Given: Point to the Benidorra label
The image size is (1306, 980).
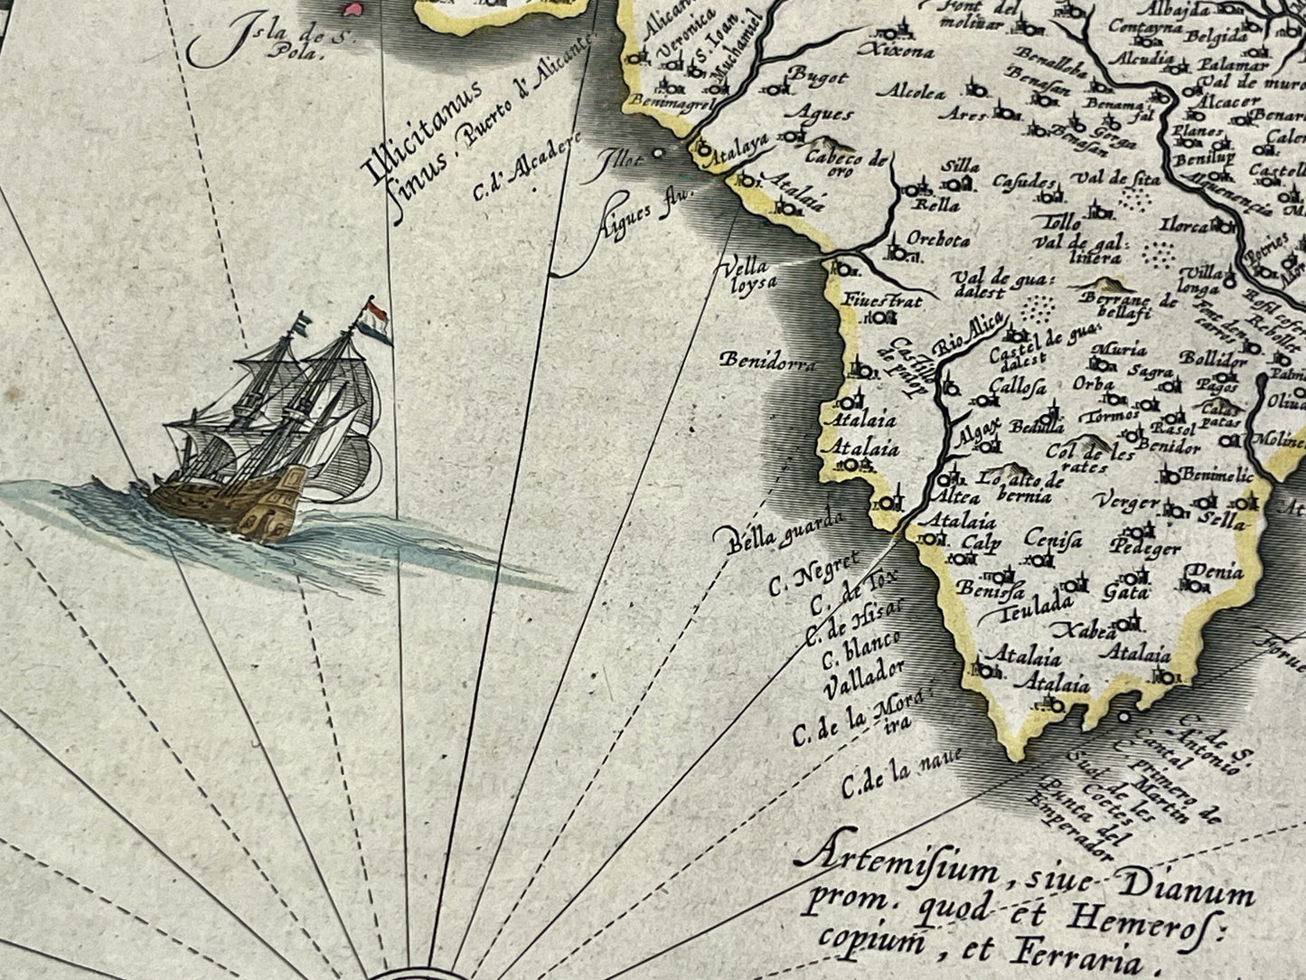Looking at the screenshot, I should [767, 363].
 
